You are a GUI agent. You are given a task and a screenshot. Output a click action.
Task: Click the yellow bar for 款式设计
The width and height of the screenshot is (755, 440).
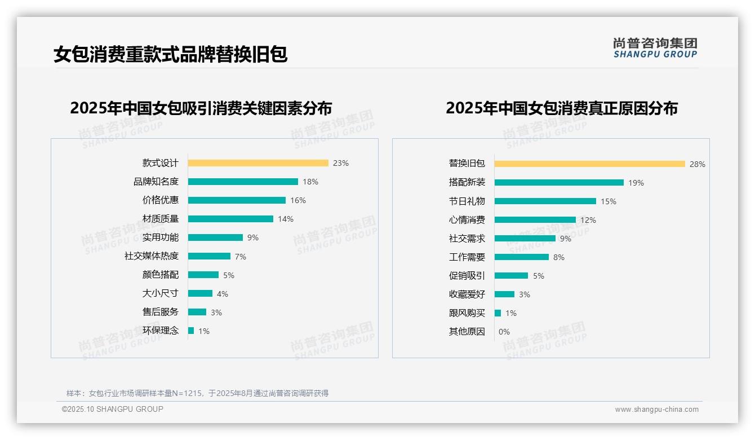258,163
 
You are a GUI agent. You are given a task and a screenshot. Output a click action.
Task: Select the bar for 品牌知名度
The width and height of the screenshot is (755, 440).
243,182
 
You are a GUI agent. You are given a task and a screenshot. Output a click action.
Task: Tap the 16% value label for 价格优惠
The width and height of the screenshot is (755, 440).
298,200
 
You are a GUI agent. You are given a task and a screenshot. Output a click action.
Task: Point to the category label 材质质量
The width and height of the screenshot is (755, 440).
160,219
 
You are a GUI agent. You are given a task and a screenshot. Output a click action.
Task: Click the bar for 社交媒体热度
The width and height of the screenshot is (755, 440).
209,256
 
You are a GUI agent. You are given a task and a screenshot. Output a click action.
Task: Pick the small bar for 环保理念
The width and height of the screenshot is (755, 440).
191,331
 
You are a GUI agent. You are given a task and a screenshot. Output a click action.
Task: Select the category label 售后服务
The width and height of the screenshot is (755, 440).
160,312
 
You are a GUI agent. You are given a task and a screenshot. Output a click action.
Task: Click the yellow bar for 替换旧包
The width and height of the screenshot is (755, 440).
589,164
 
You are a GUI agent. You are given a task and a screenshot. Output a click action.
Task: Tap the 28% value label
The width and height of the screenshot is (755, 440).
697,164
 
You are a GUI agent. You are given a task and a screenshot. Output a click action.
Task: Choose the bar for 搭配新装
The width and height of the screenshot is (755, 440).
559,182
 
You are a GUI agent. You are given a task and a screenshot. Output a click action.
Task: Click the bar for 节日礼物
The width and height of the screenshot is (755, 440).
545,201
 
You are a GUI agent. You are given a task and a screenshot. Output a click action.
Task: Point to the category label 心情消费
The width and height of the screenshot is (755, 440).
467,219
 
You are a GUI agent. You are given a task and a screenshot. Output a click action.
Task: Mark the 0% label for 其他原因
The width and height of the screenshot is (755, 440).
504,332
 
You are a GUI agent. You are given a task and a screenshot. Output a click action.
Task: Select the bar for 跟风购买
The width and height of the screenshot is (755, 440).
498,313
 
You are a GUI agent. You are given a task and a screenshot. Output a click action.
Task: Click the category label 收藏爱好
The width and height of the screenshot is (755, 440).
467,294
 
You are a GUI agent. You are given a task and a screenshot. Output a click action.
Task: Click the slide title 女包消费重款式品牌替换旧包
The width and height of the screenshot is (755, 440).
170,54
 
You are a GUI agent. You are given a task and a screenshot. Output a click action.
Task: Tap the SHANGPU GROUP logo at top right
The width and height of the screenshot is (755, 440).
655,48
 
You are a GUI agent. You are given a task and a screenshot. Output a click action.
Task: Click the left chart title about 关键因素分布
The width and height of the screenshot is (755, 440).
201,108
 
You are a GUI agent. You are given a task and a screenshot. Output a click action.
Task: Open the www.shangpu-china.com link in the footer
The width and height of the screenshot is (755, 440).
656,410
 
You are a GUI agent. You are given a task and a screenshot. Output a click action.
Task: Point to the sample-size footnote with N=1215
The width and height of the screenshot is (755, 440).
197,393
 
